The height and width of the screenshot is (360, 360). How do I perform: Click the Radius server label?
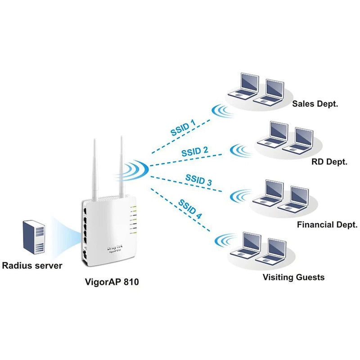click(32, 265)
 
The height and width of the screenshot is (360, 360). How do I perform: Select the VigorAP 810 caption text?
click(112, 282)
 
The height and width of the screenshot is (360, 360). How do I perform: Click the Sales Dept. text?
click(315, 103)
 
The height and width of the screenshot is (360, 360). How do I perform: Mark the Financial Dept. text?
click(327, 224)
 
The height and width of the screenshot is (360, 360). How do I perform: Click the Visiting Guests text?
click(293, 277)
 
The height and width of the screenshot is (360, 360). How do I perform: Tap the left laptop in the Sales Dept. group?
click(243, 86)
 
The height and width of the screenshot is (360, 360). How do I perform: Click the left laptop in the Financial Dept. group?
click(269, 193)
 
